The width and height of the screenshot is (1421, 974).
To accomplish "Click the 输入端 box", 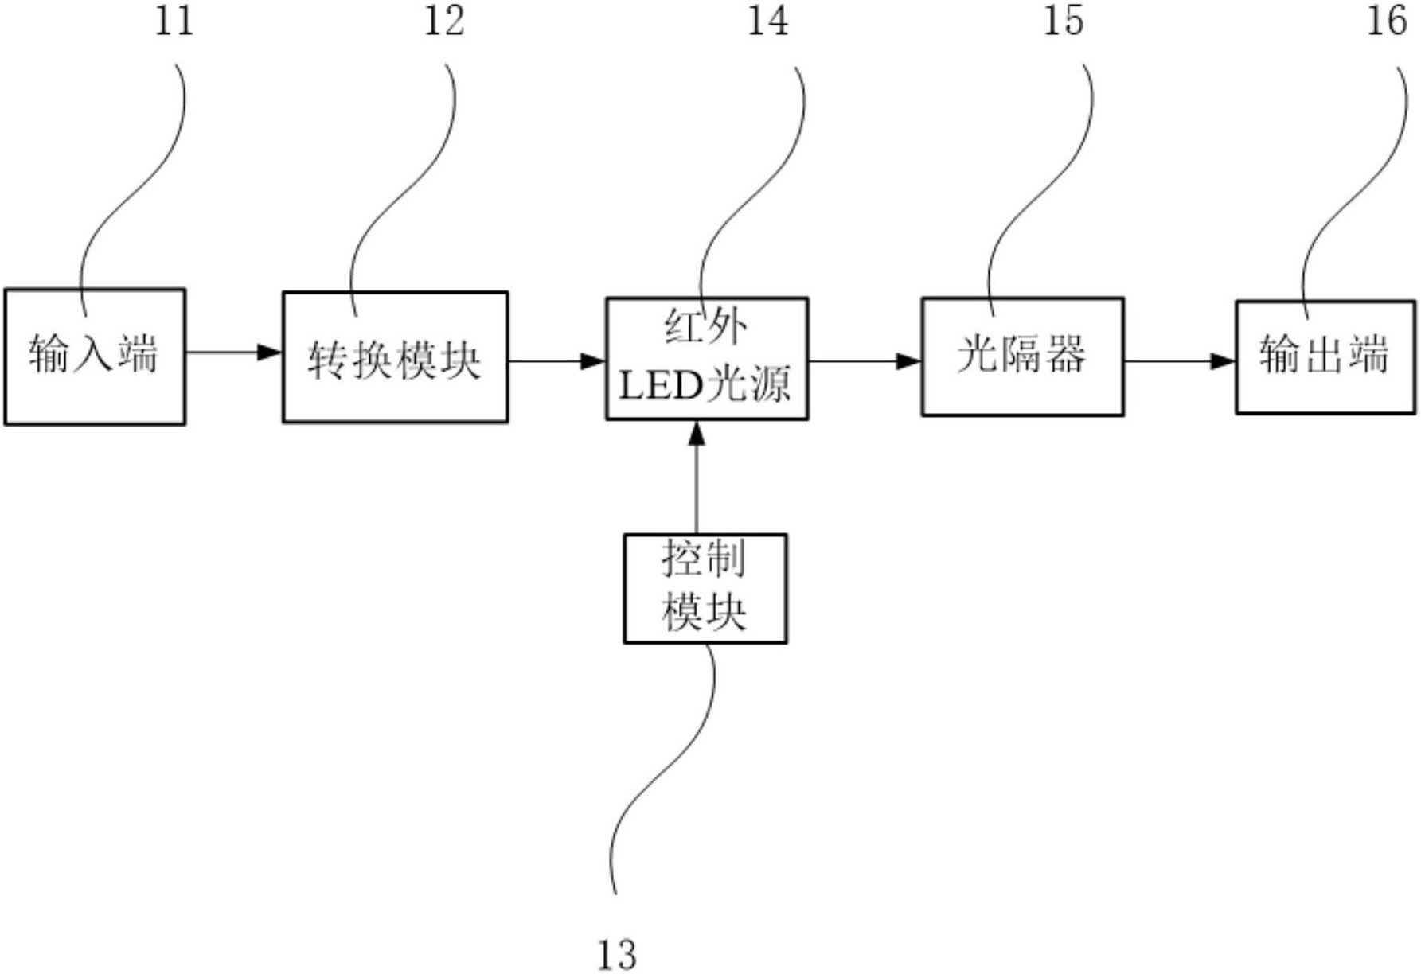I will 95,356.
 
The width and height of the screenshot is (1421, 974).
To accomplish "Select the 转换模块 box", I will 395,357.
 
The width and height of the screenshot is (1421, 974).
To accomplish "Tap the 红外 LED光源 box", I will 707,359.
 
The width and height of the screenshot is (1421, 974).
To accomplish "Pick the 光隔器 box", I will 1022,356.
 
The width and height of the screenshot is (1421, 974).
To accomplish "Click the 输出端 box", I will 1325,356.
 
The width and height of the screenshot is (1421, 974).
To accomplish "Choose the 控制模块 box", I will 705,588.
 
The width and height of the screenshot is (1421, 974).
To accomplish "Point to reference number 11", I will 174,21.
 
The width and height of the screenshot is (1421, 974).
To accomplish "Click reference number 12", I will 443,21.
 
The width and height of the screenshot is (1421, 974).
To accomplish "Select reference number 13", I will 617,953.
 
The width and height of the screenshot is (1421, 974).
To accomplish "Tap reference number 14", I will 767,21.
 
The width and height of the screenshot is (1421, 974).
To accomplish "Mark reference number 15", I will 1064,21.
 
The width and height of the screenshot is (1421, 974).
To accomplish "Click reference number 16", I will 1387,21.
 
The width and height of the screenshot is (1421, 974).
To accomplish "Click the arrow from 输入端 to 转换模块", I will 233,352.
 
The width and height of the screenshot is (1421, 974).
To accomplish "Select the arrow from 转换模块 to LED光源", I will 556,361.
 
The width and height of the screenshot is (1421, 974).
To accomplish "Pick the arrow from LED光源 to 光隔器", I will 865,361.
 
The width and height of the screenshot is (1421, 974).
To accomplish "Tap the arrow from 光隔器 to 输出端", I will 1179,361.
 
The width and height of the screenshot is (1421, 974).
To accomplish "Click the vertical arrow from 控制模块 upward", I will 697,477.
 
